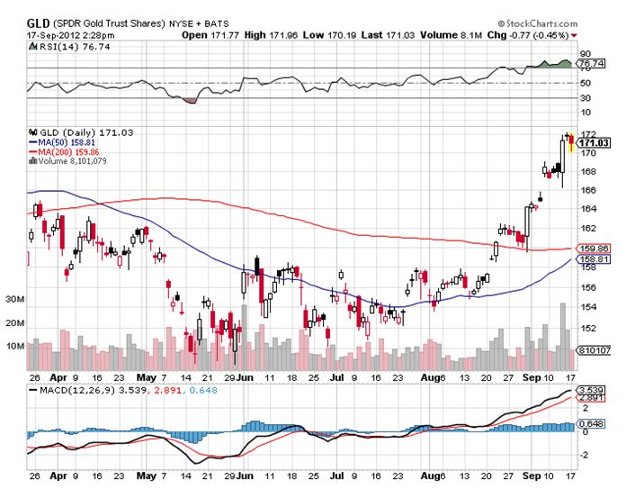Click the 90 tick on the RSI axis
585,54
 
